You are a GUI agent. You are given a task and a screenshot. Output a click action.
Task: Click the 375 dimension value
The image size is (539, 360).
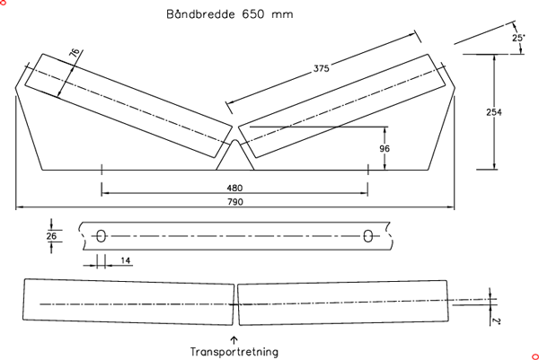click(321, 68)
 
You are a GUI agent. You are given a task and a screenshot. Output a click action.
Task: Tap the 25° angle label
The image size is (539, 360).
click(518, 39)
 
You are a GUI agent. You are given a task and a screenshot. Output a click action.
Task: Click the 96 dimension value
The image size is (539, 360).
click(385, 148)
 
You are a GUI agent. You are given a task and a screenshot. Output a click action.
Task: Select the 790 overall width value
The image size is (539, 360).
click(235, 203)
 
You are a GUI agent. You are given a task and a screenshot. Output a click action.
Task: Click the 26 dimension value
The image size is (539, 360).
click(51, 235)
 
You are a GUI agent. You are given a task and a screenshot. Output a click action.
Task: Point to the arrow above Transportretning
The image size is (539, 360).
click(234, 338)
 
